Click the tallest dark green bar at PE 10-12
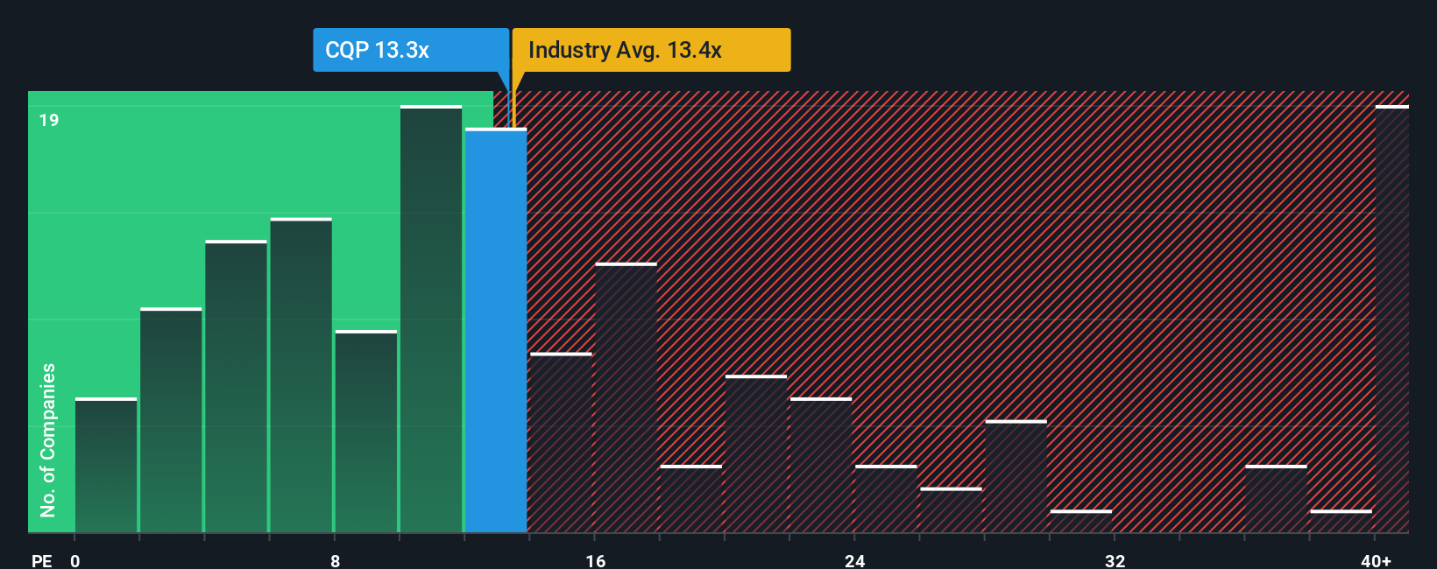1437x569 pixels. [x=431, y=320]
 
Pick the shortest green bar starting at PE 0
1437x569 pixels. [x=106, y=466]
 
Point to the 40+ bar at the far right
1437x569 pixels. [x=1391, y=320]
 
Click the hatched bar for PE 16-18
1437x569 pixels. [x=626, y=398]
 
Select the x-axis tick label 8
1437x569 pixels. [x=336, y=560]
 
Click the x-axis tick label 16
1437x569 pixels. [x=596, y=560]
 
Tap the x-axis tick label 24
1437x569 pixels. [x=855, y=560]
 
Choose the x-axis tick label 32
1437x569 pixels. [x=1115, y=560]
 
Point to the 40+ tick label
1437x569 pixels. [x=1376, y=560]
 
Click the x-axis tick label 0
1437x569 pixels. [x=75, y=560]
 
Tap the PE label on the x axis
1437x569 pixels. [x=41, y=560]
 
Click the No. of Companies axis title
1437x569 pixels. [x=48, y=439]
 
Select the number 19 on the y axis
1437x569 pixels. [x=49, y=120]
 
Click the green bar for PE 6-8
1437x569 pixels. [x=301, y=376]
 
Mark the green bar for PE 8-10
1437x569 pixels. [x=366, y=432]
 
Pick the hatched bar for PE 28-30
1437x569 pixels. [x=1016, y=477]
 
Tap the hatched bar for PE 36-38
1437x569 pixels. [x=1276, y=499]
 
